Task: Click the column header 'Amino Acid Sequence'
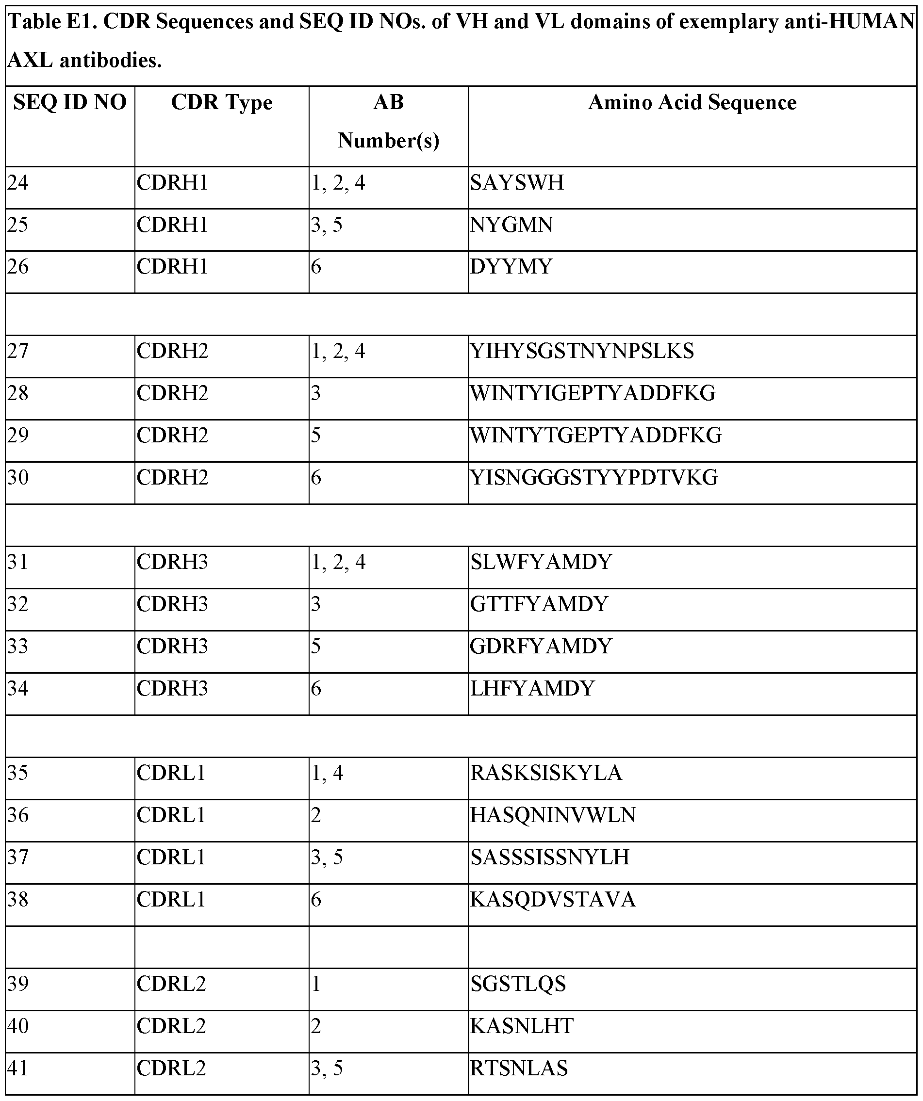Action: coord(692,103)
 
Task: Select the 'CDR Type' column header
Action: coord(221,103)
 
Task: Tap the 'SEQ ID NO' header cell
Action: coord(70,103)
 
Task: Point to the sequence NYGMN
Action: coord(511,225)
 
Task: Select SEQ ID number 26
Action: coord(18,267)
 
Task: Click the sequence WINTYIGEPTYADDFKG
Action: coord(593,393)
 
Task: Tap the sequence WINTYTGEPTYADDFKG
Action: coord(596,436)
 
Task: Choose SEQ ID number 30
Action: coord(18,478)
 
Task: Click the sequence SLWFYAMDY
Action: coord(541,562)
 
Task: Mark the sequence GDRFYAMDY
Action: coord(541,647)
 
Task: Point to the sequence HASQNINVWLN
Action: coord(553,815)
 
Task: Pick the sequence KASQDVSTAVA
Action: coord(553,900)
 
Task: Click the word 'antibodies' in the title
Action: coord(110,61)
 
